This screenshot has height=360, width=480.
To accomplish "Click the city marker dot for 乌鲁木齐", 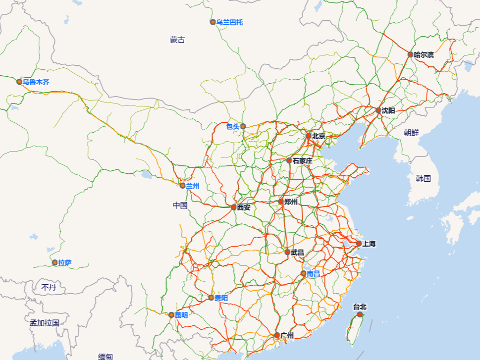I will pyautogui.click(x=20, y=82).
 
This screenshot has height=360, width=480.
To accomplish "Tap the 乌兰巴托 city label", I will pyautogui.click(x=229, y=22).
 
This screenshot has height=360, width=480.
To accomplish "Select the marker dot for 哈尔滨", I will pyautogui.click(x=411, y=54).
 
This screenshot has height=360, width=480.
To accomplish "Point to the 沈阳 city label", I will pyautogui.click(x=388, y=110).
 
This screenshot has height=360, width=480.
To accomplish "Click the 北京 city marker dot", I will pyautogui.click(x=309, y=136).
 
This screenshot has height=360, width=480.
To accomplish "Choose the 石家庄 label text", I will pyautogui.click(x=302, y=160).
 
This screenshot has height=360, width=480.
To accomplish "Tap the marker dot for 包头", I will pyautogui.click(x=243, y=126).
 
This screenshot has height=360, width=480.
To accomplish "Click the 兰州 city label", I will pyautogui.click(x=192, y=186).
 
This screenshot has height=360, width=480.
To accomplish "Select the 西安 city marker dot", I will pyautogui.click(x=234, y=207).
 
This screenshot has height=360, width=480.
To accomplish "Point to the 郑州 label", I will pyautogui.click(x=291, y=202).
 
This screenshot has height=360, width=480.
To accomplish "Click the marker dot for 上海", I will pyautogui.click(x=359, y=244).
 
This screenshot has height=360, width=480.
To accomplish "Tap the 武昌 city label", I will pyautogui.click(x=297, y=252).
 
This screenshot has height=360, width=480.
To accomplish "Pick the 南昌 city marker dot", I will pyautogui.click(x=304, y=273).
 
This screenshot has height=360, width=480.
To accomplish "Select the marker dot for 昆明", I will pyautogui.click(x=171, y=315).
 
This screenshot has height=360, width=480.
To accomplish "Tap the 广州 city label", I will pyautogui.click(x=287, y=335).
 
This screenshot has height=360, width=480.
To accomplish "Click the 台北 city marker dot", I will pyautogui.click(x=360, y=314).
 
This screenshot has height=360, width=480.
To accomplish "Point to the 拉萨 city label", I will pyautogui.click(x=64, y=263).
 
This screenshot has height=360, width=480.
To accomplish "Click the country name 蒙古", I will pyautogui.click(x=177, y=40).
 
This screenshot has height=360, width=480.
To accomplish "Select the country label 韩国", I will pyautogui.click(x=423, y=178).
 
